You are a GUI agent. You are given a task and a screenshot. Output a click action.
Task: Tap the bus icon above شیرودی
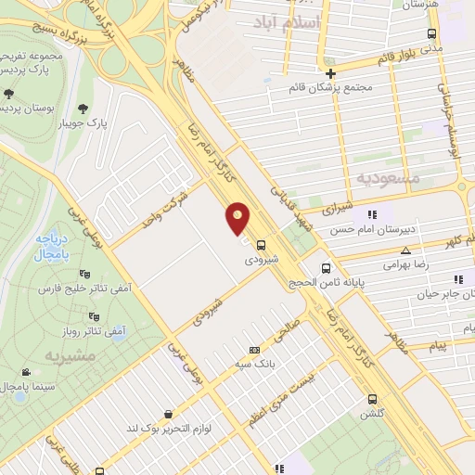(x=261, y=246)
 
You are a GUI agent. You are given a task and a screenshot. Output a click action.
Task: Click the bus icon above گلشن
(x=372, y=402)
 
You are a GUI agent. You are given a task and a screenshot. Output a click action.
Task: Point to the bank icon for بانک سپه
(x=254, y=350)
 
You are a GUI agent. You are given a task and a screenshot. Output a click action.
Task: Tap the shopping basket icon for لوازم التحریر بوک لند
(x=167, y=414)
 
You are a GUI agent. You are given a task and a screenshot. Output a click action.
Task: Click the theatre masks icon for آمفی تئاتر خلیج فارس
(x=85, y=274)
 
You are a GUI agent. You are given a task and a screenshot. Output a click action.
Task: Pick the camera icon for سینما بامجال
(x=25, y=372)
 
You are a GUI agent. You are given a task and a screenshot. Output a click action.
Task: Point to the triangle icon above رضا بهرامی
(x=404, y=250)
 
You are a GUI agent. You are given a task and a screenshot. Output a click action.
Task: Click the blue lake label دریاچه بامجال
(x=43, y=246)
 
